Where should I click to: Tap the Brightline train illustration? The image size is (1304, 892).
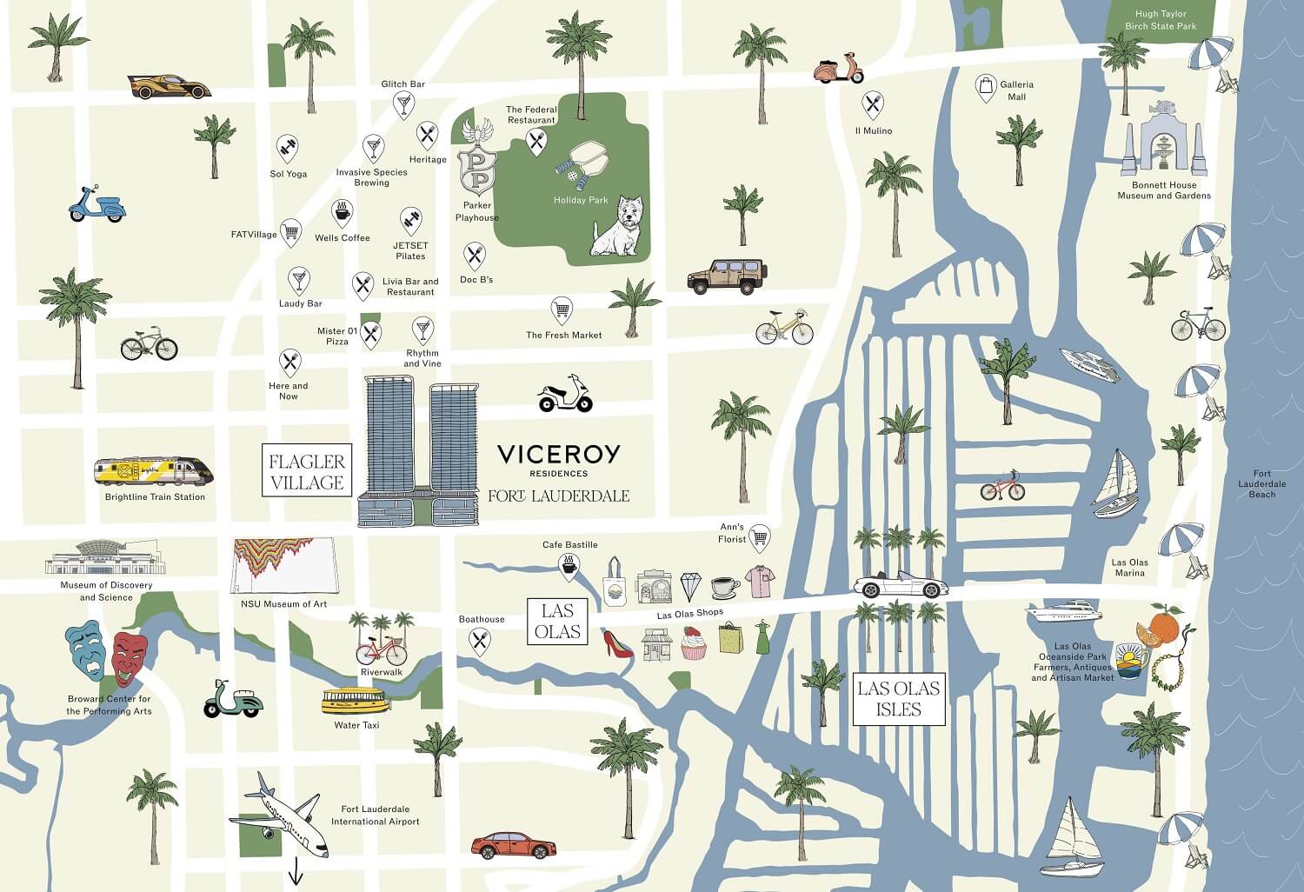point(153,473)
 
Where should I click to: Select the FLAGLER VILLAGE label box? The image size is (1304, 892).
point(307,471)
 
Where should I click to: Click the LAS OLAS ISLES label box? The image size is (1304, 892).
point(898,699)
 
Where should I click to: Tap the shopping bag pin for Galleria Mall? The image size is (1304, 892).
point(986,87)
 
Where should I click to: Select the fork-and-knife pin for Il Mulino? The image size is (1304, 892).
point(873,106)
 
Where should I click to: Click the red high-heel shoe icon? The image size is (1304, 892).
point(616,642)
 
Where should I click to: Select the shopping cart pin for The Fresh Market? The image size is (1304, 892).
point(562,310)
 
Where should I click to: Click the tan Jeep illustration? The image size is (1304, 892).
point(728,276)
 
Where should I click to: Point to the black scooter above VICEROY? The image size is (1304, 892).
point(565,396)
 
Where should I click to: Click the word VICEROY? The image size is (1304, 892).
point(559,454)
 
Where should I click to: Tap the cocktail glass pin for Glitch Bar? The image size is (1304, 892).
point(403,104)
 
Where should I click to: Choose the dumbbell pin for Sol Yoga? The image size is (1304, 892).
point(288,147)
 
